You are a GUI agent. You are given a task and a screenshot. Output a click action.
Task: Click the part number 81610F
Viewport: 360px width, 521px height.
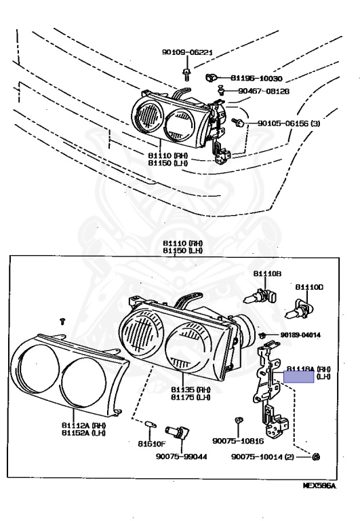tap(151, 445)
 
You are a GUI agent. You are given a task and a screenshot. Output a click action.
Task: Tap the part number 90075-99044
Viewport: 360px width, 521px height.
tap(182, 457)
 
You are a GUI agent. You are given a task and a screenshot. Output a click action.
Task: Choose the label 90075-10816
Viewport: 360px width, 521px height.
tap(239, 441)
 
